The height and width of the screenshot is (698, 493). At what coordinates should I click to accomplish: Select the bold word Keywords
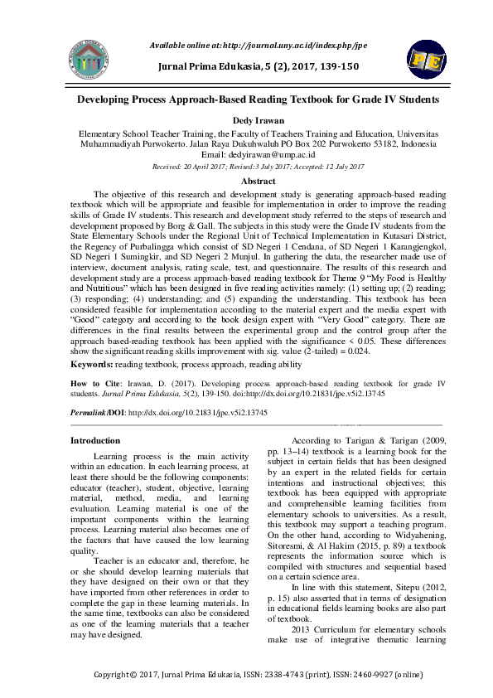pyautogui.click(x=92, y=363)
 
